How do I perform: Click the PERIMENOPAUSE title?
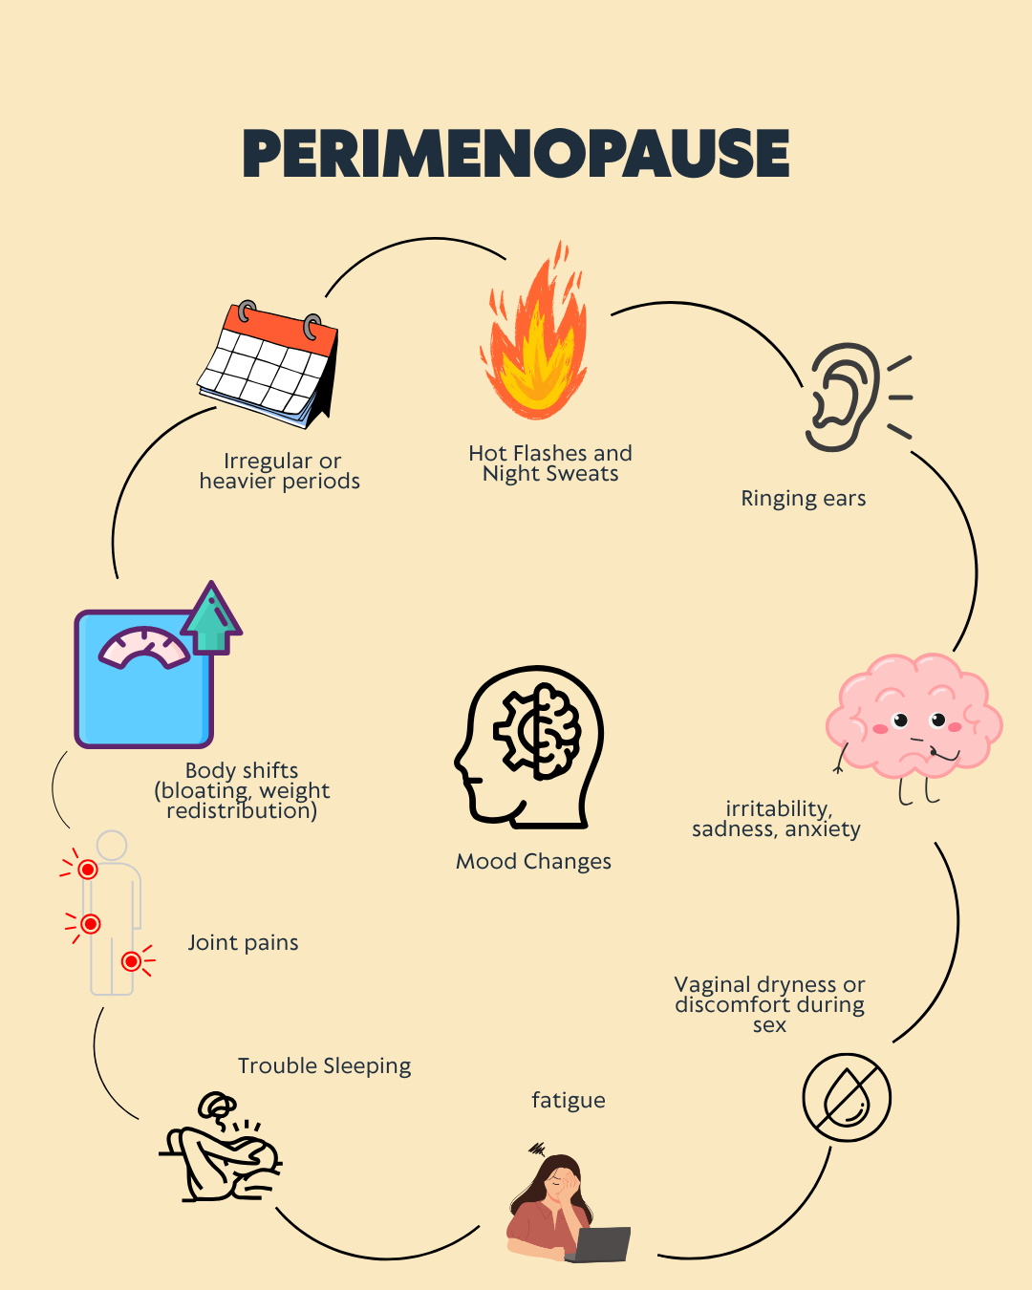coord(516,154)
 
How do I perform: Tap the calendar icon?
coord(269,364)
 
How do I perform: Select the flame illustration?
coord(535,331)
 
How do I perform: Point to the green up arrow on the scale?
coord(211,618)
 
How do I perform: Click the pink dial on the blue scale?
coord(144,646)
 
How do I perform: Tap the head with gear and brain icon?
coord(528,747)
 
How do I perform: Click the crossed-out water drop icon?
coord(847,1098)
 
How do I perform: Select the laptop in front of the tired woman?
coord(598,1244)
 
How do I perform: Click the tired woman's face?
coord(560,1185)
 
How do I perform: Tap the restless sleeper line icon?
coord(220,1147)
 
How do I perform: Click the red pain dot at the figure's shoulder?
coord(88,870)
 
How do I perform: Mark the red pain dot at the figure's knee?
coord(131,961)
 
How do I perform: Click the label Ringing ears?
coord(804,499)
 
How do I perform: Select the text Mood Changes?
coord(534,861)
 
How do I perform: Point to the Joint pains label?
coord(243,943)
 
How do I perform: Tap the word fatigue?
coord(569,1101)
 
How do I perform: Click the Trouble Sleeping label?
coord(325,1066)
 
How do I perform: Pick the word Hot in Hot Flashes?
coord(488,453)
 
